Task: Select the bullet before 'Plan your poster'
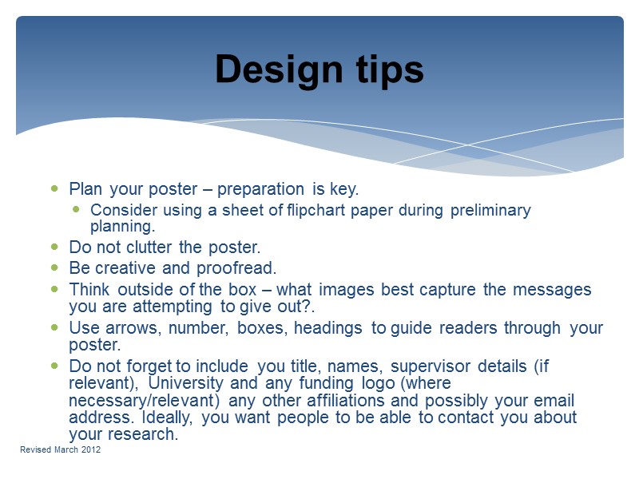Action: pos(54,189)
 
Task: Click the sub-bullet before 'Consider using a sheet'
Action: pos(76,210)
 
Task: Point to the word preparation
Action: pos(260,189)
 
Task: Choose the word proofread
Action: pos(241,268)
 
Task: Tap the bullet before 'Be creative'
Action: pos(54,268)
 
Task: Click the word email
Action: pos(555,400)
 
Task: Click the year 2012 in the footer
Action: pos(90,451)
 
